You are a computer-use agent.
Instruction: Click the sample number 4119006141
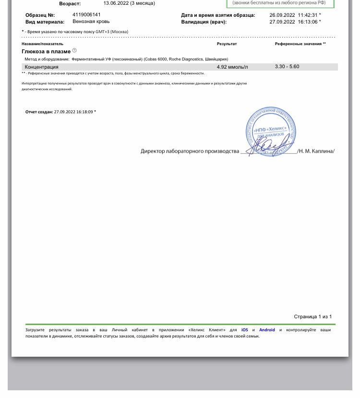[x=87, y=15]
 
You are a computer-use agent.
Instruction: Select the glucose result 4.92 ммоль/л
[x=232, y=67]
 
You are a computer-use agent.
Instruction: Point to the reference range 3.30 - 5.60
[x=287, y=67]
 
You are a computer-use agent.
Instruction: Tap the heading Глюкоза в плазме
[x=46, y=51]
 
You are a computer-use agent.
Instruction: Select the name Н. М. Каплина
[x=317, y=151]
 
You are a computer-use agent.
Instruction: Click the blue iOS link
[x=245, y=330]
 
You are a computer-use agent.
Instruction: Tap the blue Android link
[x=267, y=330]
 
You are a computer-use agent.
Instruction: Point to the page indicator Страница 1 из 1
[x=312, y=317]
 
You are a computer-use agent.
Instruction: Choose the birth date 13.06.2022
[x=116, y=3]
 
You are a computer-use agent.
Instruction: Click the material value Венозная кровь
[x=91, y=22]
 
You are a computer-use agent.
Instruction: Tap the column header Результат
[x=227, y=44]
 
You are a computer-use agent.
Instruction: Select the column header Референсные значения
[x=300, y=44]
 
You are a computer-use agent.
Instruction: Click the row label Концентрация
[x=42, y=67]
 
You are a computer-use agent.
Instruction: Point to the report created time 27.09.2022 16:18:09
[x=73, y=112]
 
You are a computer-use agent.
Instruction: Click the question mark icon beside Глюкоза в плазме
[x=74, y=50]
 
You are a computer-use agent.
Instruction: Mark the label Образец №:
[x=40, y=15]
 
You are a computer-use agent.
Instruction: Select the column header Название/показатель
[x=42, y=44]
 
